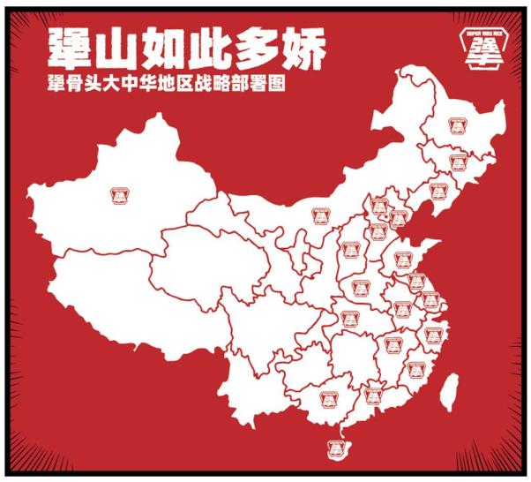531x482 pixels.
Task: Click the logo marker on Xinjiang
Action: pyautogui.click(x=121, y=193)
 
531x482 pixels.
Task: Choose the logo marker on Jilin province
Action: pyautogui.click(x=457, y=162)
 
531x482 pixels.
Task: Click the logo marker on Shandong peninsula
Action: pyautogui.click(x=407, y=259)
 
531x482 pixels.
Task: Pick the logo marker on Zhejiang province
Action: pyautogui.click(x=431, y=335)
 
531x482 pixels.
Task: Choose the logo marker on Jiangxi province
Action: pyautogui.click(x=389, y=345)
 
